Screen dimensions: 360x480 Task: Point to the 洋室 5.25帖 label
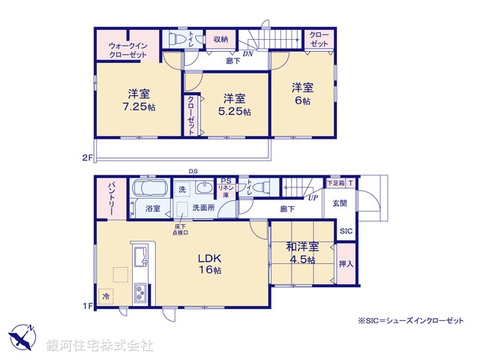(233, 104)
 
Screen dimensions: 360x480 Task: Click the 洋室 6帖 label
(303, 93)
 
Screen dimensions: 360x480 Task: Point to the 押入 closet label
(346, 264)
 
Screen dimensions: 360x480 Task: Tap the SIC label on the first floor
(346, 231)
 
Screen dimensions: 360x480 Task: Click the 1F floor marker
(86, 305)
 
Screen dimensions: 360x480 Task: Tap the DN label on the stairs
(247, 54)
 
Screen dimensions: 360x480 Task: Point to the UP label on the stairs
(313, 198)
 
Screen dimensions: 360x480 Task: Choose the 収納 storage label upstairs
(220, 39)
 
